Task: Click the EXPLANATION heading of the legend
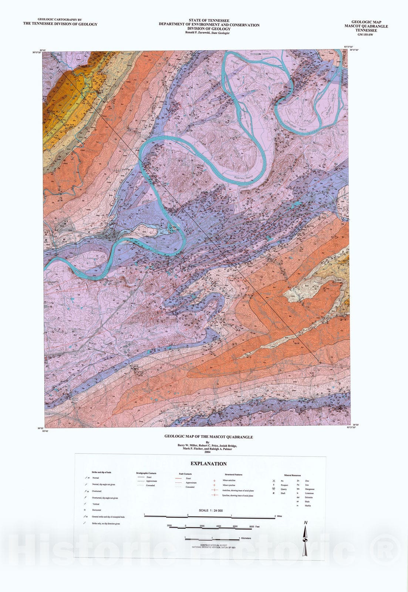pyautogui.click(x=208, y=464)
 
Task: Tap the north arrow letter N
pyautogui.click(x=306, y=522)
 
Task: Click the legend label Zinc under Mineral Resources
pyautogui.click(x=307, y=480)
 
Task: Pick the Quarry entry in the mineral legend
pyautogui.click(x=283, y=489)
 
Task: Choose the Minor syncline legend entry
pyautogui.click(x=229, y=485)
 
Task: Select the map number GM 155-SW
pyautogui.click(x=366, y=34)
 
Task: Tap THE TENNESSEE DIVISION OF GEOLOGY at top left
pyautogui.click(x=60, y=24)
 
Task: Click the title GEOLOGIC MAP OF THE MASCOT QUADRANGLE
pyautogui.click(x=209, y=437)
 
